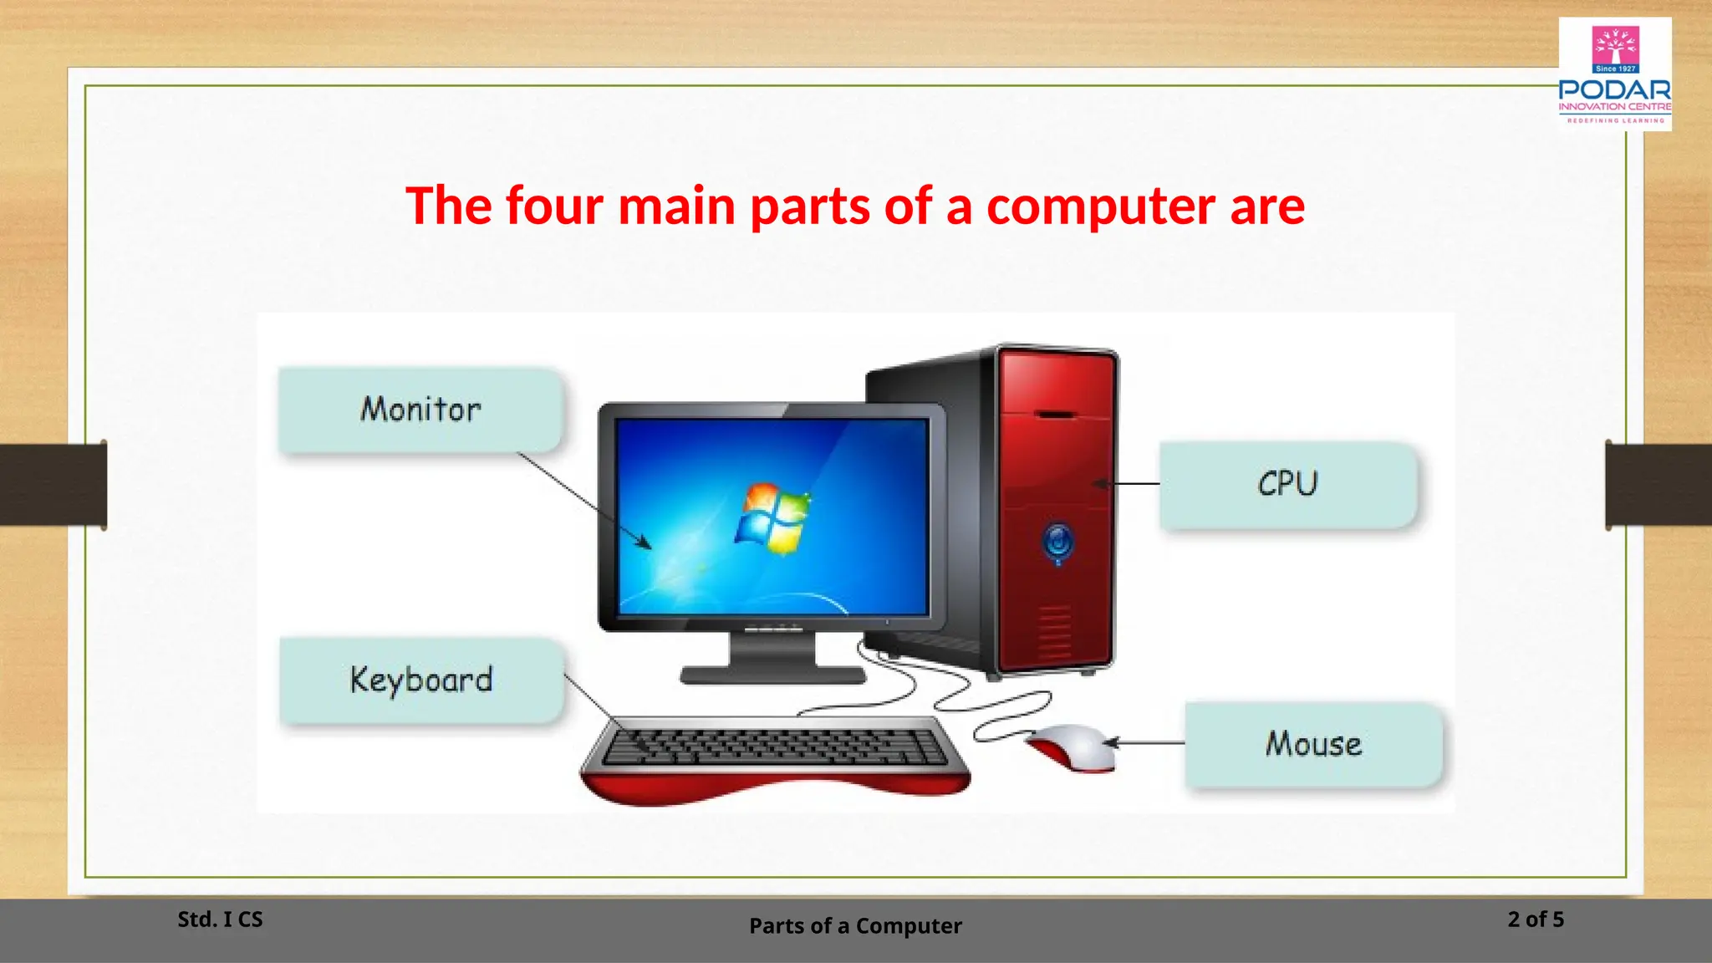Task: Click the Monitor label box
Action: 420,410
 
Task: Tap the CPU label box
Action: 1288,484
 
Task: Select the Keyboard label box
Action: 420,680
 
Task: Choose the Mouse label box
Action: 1313,744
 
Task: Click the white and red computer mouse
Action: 1075,746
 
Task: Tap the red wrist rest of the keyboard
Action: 773,786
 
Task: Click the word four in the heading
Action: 554,206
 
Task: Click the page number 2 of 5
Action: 1536,920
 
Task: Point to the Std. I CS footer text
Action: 220,920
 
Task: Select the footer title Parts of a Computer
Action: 855,926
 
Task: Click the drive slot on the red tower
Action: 1055,414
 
